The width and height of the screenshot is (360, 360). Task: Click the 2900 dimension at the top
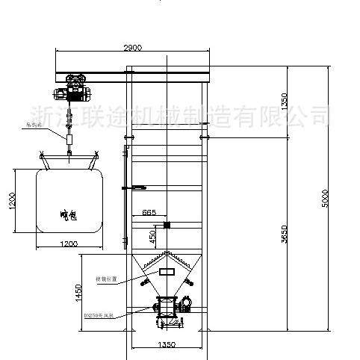click(132, 48)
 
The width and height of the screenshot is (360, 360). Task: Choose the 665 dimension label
click(149, 213)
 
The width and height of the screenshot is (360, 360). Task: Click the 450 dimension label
click(152, 236)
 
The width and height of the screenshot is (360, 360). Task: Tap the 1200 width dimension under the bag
click(67, 243)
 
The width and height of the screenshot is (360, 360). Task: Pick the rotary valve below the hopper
click(166, 307)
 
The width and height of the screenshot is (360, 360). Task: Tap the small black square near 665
click(166, 224)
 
